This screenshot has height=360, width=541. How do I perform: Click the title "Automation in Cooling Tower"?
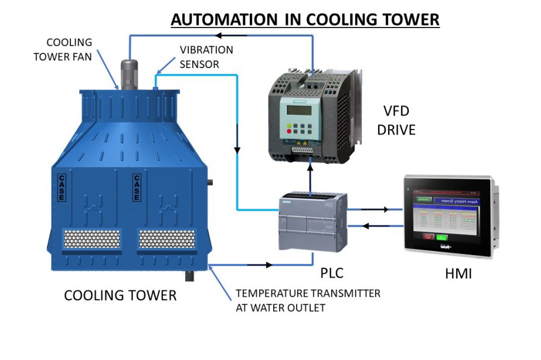(x=305, y=19)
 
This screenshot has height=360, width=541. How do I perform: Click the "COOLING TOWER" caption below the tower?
(x=120, y=295)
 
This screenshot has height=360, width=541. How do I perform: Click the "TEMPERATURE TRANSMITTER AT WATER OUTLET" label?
(x=308, y=300)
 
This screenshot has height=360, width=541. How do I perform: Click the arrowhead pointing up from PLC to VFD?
(x=310, y=166)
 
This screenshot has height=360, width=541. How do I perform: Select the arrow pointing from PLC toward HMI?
(x=385, y=209)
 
